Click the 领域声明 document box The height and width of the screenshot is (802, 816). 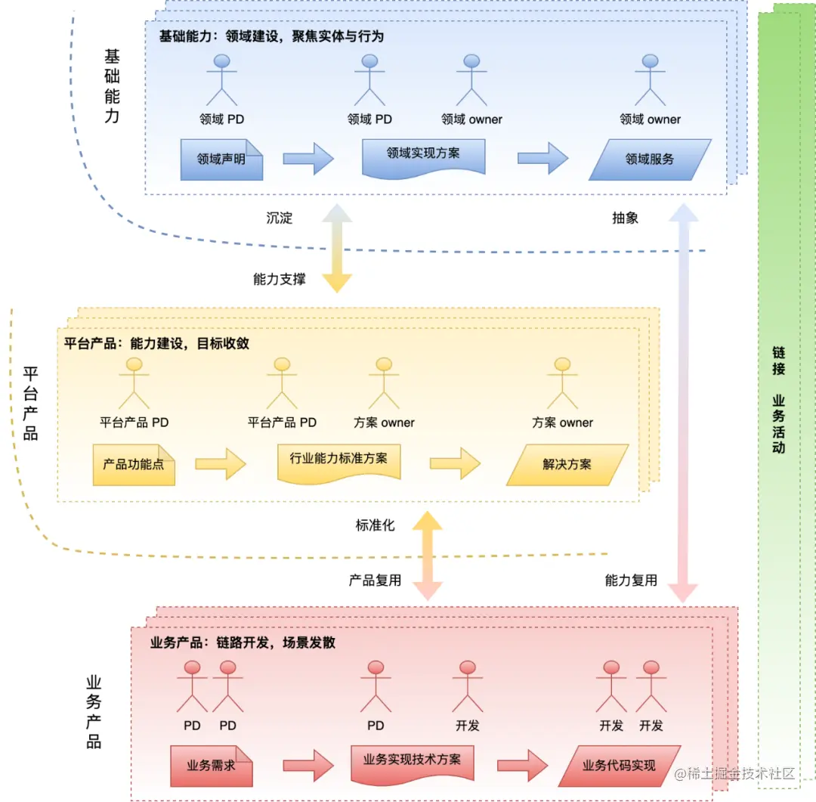coord(221,159)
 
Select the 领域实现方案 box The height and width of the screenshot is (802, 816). coord(423,155)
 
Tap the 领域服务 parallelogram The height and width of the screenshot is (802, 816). coord(650,159)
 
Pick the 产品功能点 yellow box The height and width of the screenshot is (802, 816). coord(134,465)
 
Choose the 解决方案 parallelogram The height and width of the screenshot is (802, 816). coord(567,465)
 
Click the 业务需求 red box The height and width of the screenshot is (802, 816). coord(212,766)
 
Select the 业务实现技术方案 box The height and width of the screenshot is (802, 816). coord(412,761)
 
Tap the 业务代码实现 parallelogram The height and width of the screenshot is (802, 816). coord(619,766)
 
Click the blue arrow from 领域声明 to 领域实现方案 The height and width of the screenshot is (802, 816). coord(308,159)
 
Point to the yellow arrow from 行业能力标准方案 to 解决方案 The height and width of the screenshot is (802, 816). coord(455,463)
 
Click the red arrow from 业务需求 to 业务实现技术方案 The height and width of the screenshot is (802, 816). coord(308,765)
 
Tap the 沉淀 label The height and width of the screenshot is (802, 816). coord(279,218)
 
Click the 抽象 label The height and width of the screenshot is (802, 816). coord(625,218)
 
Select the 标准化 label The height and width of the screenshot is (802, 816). coord(375,525)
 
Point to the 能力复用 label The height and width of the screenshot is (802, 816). coord(631,581)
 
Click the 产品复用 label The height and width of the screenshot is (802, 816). coord(375,581)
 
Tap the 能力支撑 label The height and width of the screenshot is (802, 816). coord(280,279)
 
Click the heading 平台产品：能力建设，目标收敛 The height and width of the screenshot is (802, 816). coord(156,343)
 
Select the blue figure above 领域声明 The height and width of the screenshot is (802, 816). coord(221,79)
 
